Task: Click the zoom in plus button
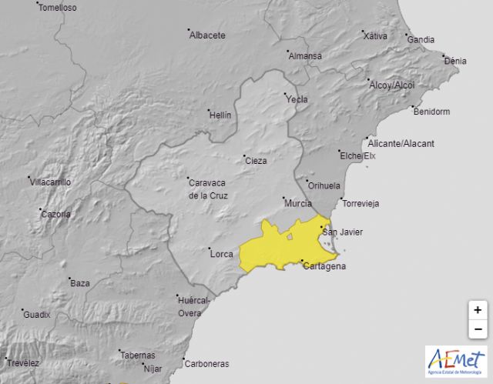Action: [x=478, y=310]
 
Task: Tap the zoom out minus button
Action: [x=478, y=329]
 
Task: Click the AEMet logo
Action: [x=456, y=361]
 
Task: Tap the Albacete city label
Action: [x=208, y=35]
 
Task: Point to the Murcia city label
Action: [x=297, y=203]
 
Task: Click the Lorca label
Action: [x=221, y=252]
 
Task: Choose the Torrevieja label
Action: [x=361, y=204]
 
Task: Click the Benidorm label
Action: [x=431, y=112]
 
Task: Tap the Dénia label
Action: [x=455, y=61]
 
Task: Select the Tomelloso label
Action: [x=58, y=8]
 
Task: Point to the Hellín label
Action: [x=220, y=115]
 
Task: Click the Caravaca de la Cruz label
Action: [x=207, y=189]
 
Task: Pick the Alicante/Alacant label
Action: [x=401, y=144]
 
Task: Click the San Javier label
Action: [x=342, y=232]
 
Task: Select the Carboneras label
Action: [x=206, y=364]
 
